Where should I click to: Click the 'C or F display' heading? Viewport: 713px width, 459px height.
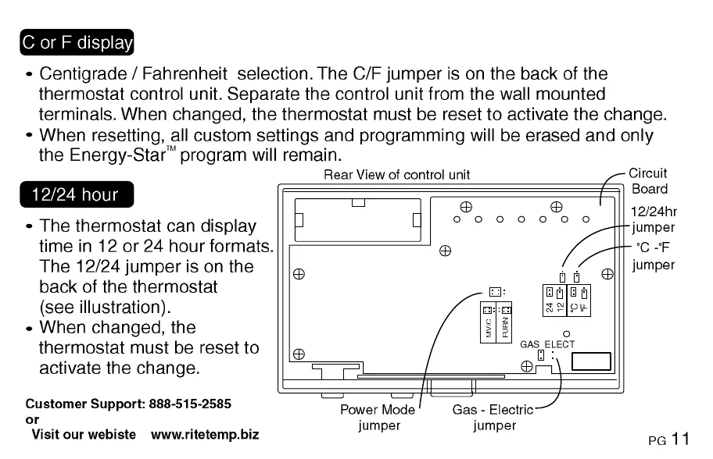pos(77,42)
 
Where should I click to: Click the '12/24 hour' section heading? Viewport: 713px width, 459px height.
pos(74,194)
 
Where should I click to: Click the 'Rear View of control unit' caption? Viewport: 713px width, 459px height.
pos(396,175)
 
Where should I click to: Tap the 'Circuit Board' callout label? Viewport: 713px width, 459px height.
pos(648,181)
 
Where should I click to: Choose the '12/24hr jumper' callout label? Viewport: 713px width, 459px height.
pos(653,219)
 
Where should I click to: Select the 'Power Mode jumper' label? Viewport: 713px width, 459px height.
pos(378,418)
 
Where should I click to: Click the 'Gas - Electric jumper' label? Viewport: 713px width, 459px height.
pos(493,418)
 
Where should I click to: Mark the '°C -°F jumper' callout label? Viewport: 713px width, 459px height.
pos(653,257)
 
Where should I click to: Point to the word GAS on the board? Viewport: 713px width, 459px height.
pos(530,344)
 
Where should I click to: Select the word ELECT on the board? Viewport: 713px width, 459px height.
pos(560,344)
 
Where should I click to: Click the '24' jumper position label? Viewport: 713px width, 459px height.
pos(550,307)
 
